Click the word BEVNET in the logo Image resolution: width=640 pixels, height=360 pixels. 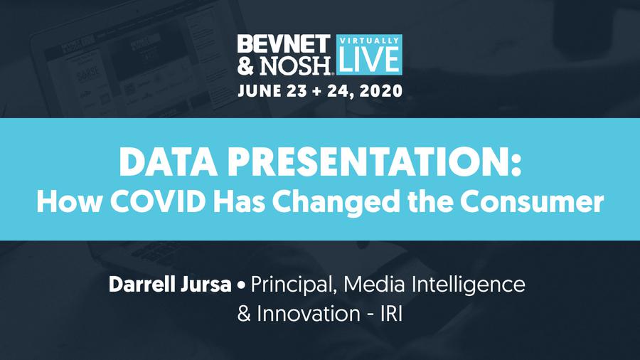[284, 44]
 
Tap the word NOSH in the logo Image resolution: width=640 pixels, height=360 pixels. [295, 65]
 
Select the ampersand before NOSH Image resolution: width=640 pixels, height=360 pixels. [246, 65]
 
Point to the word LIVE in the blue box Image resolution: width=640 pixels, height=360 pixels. [369, 59]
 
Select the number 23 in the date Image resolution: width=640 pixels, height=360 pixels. [297, 90]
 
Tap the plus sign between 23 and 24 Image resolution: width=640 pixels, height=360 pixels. [316, 92]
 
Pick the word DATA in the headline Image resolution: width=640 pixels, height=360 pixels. [168, 162]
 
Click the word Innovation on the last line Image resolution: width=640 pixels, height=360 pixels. [308, 314]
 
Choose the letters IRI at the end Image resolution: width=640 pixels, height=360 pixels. [391, 314]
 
